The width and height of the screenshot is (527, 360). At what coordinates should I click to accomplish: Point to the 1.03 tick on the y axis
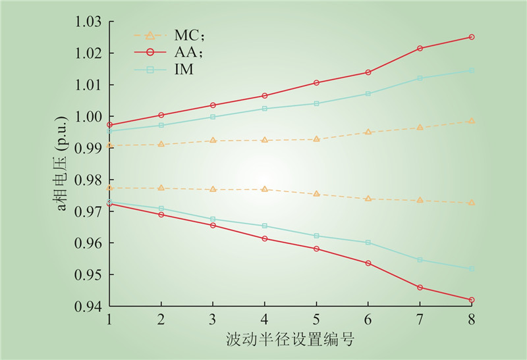pos(88,22)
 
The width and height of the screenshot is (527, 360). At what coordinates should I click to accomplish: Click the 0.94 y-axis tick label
pos(88,307)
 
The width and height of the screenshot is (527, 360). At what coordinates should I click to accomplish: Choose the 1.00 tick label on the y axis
pos(88,116)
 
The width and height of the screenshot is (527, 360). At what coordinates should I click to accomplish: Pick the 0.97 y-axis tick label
pos(88,212)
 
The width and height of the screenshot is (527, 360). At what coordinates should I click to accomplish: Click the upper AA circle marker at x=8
pos(472,37)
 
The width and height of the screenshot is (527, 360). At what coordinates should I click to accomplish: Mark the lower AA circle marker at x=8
pos(472,300)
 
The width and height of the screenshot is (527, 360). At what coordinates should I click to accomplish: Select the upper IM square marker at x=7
pos(420,78)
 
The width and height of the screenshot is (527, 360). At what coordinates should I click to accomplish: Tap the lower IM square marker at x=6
pos(368,242)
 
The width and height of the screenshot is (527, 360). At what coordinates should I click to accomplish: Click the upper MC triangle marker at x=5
pos(316,139)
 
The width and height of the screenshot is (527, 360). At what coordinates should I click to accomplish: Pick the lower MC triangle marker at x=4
pos(265,189)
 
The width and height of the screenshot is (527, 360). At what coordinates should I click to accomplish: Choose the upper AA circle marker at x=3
pos(213,105)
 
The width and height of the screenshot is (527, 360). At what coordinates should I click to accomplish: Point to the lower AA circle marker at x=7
pos(420,288)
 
